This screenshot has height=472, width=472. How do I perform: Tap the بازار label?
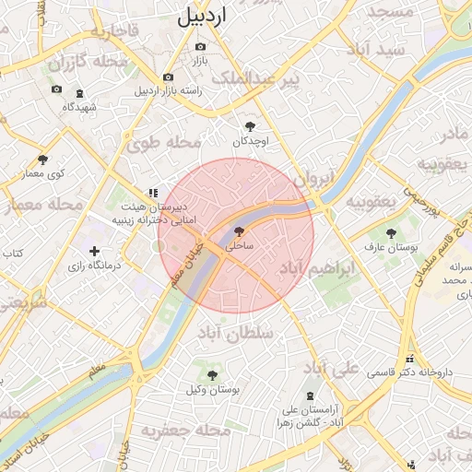(201, 61)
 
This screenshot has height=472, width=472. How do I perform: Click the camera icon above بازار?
(201, 46)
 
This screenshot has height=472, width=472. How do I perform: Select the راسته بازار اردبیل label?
(167, 91)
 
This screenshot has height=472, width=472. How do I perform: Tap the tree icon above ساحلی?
(240, 232)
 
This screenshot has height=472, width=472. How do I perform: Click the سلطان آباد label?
(235, 334)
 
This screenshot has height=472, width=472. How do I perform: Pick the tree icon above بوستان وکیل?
(214, 375)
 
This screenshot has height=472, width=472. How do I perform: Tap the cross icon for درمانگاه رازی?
(93, 251)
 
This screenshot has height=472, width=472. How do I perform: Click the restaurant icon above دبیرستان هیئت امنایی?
(152, 194)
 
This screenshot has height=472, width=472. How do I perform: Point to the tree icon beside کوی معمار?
(42, 159)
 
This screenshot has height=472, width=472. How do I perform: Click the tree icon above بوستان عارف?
(391, 233)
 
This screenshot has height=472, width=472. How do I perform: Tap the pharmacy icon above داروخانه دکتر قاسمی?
(409, 360)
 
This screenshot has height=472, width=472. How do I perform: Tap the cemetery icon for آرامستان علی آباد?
(308, 394)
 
